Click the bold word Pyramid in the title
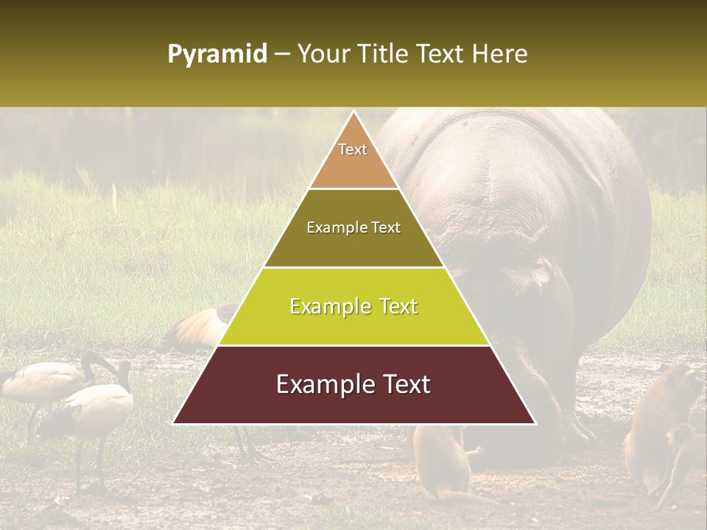(217, 54)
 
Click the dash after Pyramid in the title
(282, 55)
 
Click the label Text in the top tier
(353, 149)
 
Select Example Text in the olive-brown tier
(353, 228)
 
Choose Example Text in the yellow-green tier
(353, 306)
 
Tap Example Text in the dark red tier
(353, 384)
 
